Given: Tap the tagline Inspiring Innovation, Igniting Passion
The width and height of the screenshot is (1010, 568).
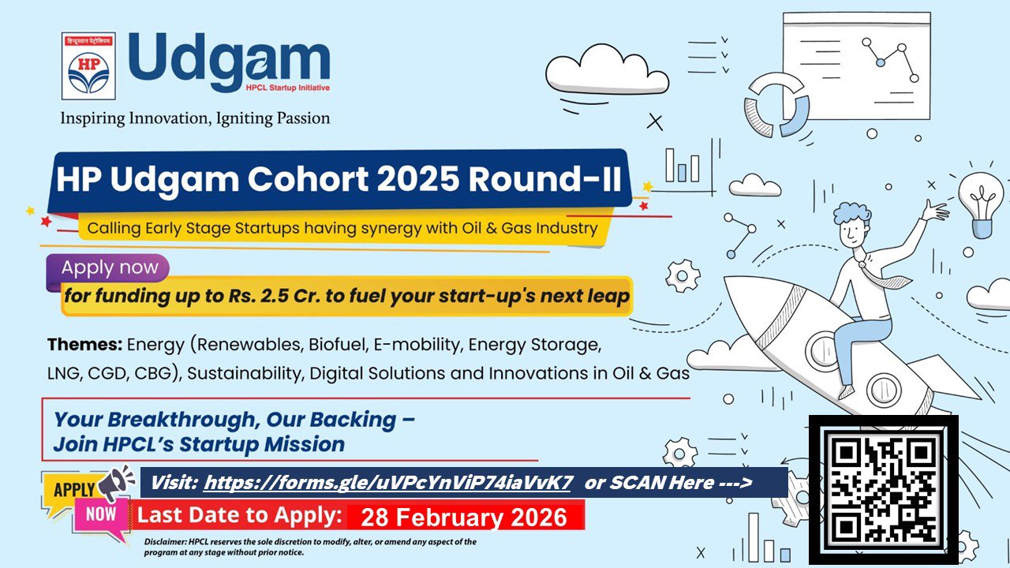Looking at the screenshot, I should [195, 118].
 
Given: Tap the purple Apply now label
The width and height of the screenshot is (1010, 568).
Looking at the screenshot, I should [110, 267].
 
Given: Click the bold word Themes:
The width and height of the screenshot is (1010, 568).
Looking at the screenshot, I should [84, 345].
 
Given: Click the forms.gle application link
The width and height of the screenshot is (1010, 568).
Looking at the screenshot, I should [387, 483].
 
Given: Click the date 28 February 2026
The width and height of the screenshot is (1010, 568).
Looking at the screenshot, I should [463, 518].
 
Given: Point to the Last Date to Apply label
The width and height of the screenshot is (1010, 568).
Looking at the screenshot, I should [240, 516].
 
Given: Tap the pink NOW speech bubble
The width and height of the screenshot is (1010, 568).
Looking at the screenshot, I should [100, 516].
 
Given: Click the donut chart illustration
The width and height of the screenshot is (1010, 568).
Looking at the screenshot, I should [776, 105].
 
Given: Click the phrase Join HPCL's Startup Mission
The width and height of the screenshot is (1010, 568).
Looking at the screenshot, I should [199, 444].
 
